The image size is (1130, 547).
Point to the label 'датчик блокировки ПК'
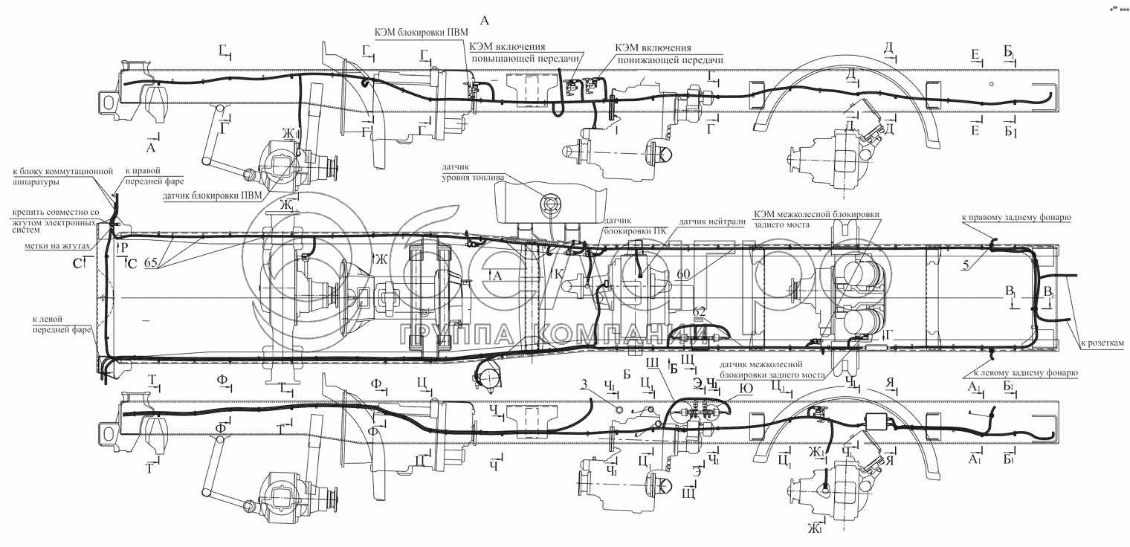click(x=626, y=225)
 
